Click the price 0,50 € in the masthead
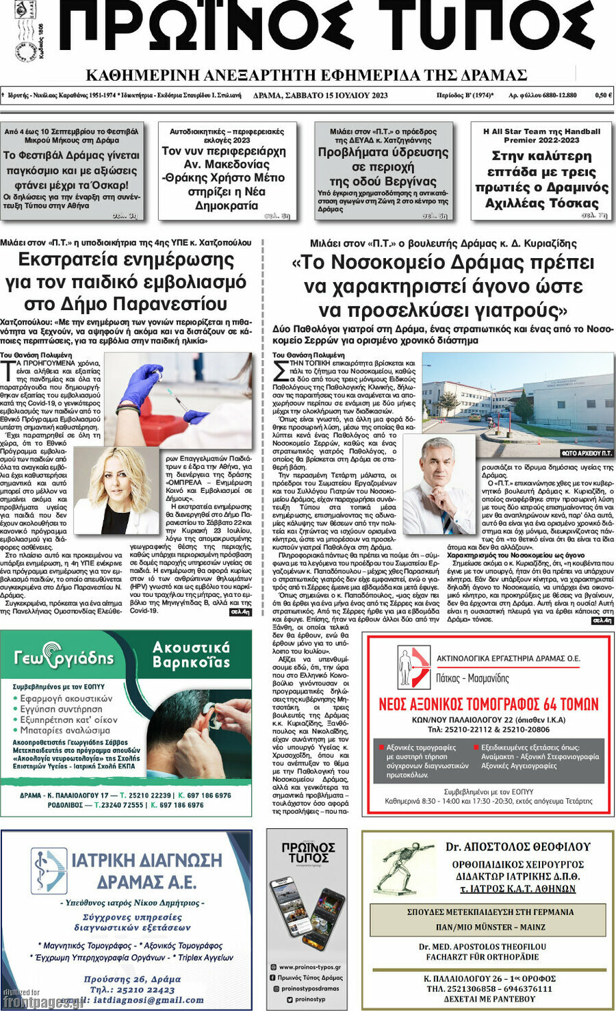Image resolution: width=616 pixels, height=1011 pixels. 603,96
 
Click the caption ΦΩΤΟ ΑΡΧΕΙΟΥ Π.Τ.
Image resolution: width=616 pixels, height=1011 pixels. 586,453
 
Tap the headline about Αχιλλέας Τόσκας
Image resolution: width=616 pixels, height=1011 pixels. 541,179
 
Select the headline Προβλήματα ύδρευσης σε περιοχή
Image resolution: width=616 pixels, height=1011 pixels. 383,166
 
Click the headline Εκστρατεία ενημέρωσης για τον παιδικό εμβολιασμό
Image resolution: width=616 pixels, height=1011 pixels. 126,281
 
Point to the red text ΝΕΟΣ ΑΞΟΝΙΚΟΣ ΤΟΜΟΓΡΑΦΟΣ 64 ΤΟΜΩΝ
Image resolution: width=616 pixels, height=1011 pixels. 488,704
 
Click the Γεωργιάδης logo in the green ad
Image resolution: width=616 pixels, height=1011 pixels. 64,656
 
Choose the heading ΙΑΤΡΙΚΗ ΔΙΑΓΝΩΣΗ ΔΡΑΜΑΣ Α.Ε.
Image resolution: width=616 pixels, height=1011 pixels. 146,870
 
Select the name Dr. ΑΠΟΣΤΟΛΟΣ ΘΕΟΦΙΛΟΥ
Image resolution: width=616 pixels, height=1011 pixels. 517,847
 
